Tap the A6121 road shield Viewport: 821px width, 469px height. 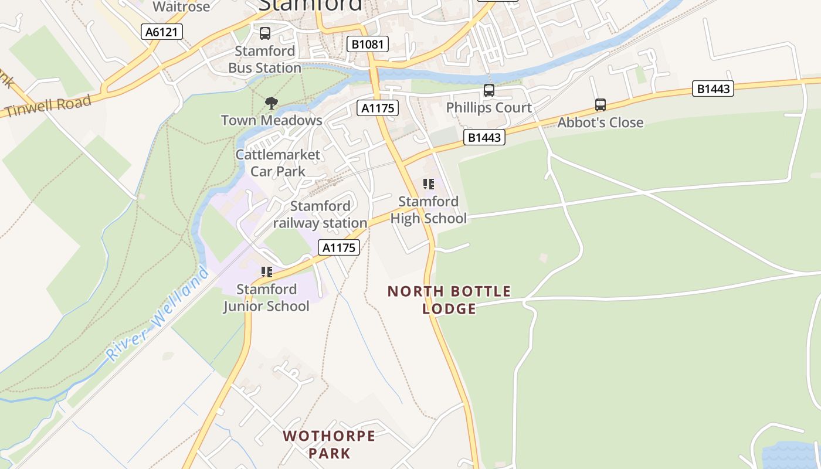pos(162,32)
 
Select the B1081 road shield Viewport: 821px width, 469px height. pos(368,44)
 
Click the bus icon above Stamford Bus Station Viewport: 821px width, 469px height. pos(265,33)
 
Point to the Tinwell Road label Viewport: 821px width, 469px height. pos(48,106)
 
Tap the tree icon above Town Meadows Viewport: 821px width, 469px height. pos(271,104)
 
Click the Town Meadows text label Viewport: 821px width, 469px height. pos(272,120)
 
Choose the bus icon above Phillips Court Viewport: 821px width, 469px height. pos(489,90)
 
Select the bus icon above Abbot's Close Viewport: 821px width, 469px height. pos(601,105)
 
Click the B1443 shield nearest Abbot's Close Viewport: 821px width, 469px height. pos(713,89)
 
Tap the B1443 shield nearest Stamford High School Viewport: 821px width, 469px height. pos(484,137)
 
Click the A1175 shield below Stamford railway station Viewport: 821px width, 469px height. pos(339,247)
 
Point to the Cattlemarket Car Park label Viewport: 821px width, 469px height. pos(278,163)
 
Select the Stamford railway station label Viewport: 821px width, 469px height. pos(320,215)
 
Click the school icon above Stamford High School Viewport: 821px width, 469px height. pos(429,184)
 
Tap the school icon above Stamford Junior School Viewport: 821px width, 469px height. pos(267,272)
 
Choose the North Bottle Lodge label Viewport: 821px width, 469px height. pos(449,300)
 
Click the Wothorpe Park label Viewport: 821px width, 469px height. pos(329,444)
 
